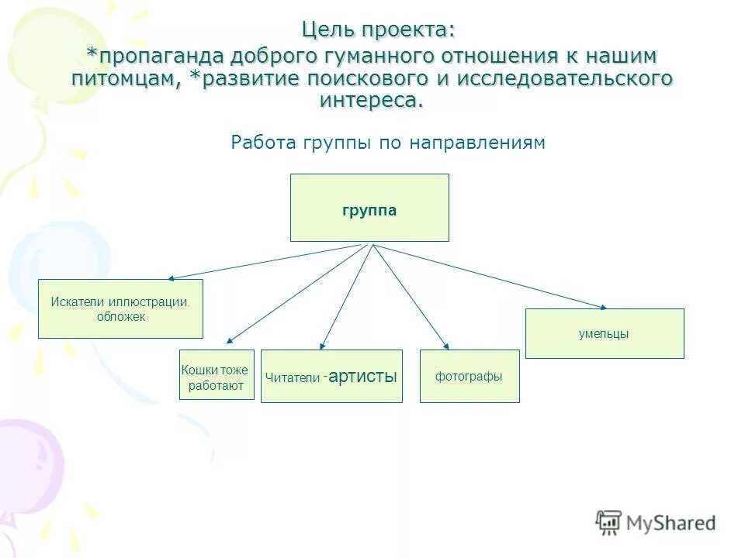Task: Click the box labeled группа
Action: [x=369, y=208]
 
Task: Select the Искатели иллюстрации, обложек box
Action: [x=120, y=308]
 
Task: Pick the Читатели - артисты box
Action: [x=331, y=377]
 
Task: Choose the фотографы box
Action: [x=470, y=376]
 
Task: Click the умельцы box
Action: [x=605, y=333]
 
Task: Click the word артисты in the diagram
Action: [x=363, y=377]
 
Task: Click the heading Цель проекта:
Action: [x=379, y=30]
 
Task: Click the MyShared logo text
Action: [x=670, y=523]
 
